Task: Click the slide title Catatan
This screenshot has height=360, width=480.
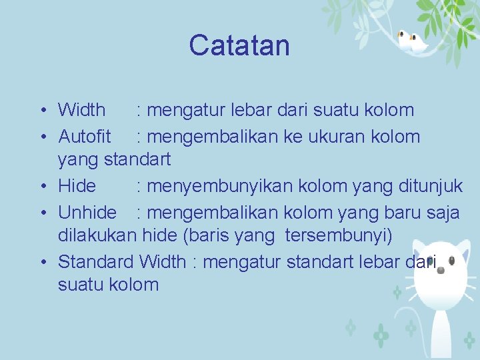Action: click(x=239, y=45)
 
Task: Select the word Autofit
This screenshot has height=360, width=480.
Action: click(x=85, y=137)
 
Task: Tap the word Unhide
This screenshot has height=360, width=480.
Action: click(x=87, y=213)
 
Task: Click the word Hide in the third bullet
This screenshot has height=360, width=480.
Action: click(x=77, y=185)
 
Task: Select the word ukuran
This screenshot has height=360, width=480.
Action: click(x=341, y=137)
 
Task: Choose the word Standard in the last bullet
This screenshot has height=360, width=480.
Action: click(x=97, y=261)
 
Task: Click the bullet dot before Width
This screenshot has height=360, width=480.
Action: click(x=42, y=110)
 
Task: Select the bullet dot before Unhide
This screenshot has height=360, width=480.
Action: click(x=42, y=213)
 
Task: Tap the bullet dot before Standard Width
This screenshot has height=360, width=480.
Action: click(x=42, y=262)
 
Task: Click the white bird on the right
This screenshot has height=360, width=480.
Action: click(x=419, y=44)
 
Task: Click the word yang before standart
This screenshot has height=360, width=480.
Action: click(x=79, y=159)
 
